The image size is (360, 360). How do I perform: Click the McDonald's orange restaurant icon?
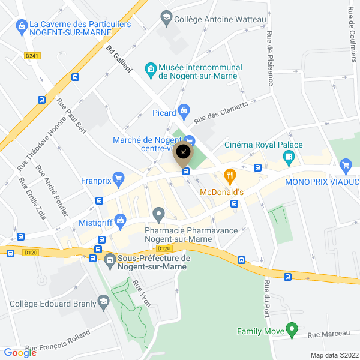click(229, 176)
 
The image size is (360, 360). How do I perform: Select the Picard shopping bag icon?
click(184, 110)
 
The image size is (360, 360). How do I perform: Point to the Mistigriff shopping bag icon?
click(121, 220)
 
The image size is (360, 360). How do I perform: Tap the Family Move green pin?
click(292, 329)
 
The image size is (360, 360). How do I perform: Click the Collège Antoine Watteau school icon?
click(166, 19)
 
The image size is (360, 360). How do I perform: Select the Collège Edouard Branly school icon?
click(103, 302)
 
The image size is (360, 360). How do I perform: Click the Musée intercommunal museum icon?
click(150, 70)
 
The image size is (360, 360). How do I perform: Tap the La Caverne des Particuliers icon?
click(22, 26)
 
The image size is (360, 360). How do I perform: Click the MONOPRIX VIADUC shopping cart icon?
click(345, 165)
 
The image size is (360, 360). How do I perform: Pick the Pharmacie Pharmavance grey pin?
click(158, 214)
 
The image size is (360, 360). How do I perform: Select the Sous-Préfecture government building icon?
click(110, 260)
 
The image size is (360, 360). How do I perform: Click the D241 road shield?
click(32, 56)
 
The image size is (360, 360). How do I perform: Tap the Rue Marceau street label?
click(328, 334)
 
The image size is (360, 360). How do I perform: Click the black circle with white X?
click(184, 152)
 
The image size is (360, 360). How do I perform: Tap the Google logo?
click(20, 353)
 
